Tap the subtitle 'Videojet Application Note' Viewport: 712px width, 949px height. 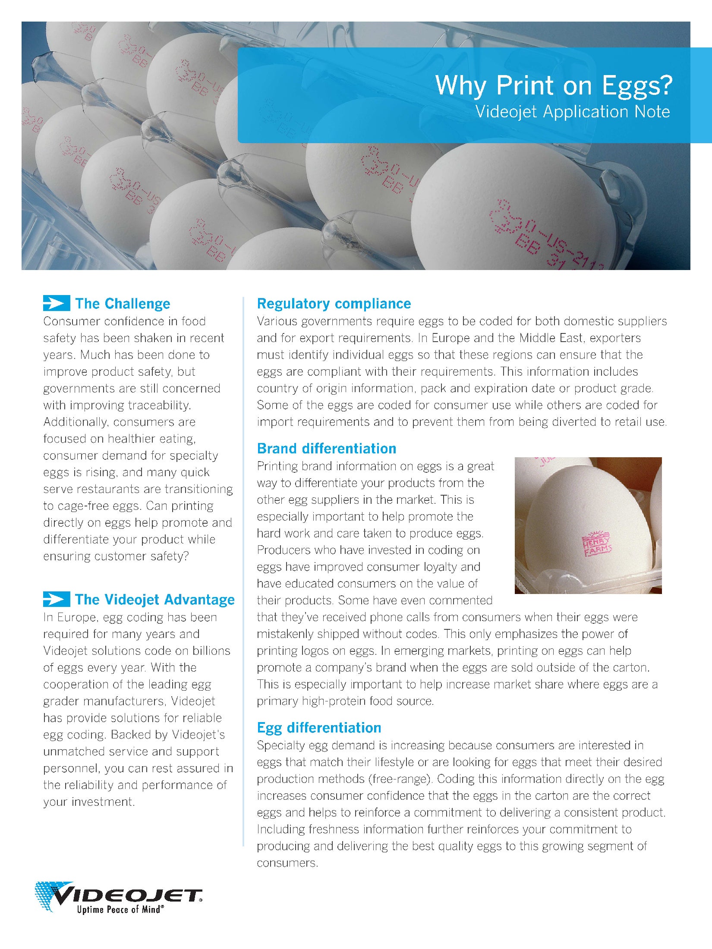pyautogui.click(x=572, y=112)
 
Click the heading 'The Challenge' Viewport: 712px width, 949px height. pyautogui.click(x=123, y=304)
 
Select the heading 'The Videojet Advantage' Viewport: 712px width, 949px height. pyautogui.click(x=154, y=600)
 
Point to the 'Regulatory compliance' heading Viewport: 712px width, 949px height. pyautogui.click(x=334, y=304)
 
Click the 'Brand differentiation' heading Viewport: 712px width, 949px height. pyautogui.click(x=327, y=449)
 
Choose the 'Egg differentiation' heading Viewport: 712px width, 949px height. pyautogui.click(x=319, y=728)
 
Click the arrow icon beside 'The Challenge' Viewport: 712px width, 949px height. pyautogui.click(x=57, y=304)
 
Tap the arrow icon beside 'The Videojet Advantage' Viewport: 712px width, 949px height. pyautogui.click(x=57, y=600)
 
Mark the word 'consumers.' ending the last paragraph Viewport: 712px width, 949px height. pyautogui.click(x=287, y=863)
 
